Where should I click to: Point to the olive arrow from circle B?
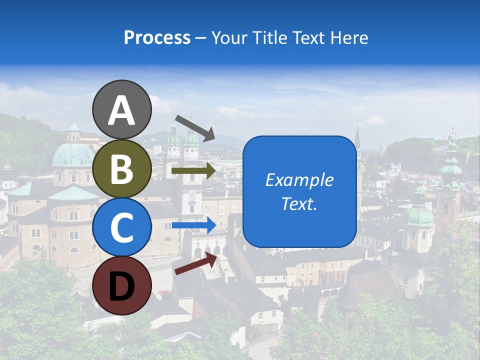pos(193,171)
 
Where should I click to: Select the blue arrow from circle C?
pos(193,225)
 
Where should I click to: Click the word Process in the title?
pos(157,38)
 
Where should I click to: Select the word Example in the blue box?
pos(299,180)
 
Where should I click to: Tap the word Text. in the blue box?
pos(299,204)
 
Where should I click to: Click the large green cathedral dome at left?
pos(73,154)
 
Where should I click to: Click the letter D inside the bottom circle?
pos(122,287)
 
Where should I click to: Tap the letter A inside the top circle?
pos(122,110)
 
